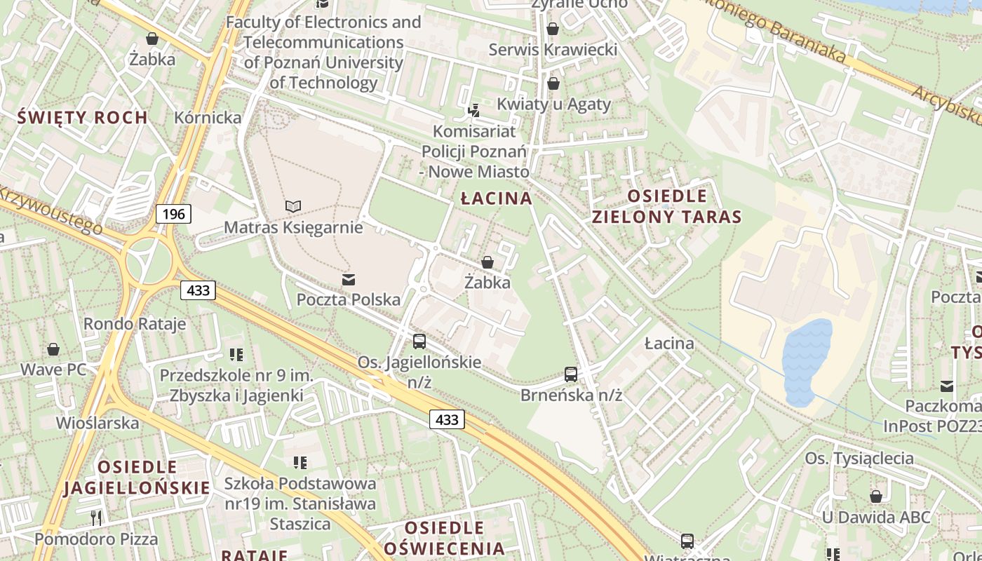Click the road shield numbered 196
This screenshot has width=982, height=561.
coord(173,213)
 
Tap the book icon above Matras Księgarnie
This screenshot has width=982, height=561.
coord(293,206)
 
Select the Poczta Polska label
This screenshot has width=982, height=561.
coord(349,299)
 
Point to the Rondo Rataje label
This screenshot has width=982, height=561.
coord(135,323)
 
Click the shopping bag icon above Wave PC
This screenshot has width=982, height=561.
coord(53,349)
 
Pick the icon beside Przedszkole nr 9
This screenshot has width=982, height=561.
coord(236,355)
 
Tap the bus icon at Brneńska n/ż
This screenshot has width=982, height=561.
coord(571,374)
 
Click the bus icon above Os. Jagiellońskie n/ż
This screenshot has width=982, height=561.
coord(419,342)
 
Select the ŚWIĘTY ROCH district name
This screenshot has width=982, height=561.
coord(83,117)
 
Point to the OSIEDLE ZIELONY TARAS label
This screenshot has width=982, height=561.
coord(667,206)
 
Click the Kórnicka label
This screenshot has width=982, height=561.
coord(208,117)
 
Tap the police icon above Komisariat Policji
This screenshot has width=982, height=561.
coord(474,110)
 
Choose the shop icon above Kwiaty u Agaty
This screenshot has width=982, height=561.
coord(553,83)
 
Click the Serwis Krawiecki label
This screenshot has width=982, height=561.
coord(553,50)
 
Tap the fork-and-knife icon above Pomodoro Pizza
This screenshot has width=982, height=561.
coord(97,518)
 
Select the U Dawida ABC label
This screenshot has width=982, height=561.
coord(876,518)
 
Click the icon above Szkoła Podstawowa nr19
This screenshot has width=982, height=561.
coord(300,463)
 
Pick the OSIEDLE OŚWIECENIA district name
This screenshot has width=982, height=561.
coord(445,538)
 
